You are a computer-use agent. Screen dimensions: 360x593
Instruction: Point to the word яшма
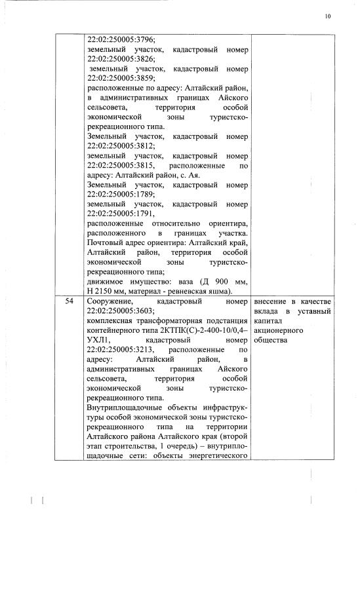pos(217,291)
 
